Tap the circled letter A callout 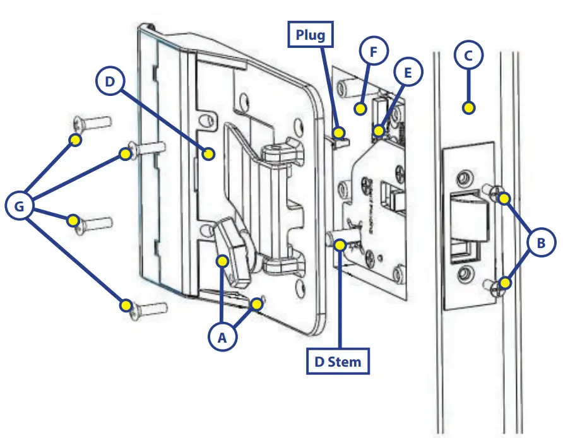coord(222,338)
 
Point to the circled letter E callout coord(408,73)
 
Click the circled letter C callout coord(468,56)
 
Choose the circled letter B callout coord(541,242)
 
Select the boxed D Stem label coord(338,362)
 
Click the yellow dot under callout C coord(468,108)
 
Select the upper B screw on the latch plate coord(503,198)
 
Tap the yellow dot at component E coord(378,131)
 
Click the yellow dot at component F coord(360,109)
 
